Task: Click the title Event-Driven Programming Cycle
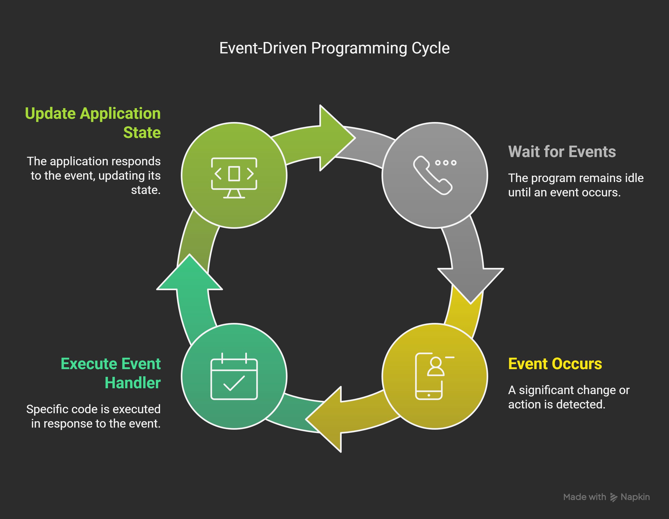pos(334,48)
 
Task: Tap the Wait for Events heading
pos(562,151)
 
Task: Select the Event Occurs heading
pos(555,364)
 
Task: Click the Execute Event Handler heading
pos(111,373)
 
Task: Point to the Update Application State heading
pos(93,123)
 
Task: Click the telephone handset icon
pos(432,176)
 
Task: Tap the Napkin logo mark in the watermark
pos(614,497)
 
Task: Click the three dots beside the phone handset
pos(446,163)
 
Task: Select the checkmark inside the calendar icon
pos(234,383)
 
